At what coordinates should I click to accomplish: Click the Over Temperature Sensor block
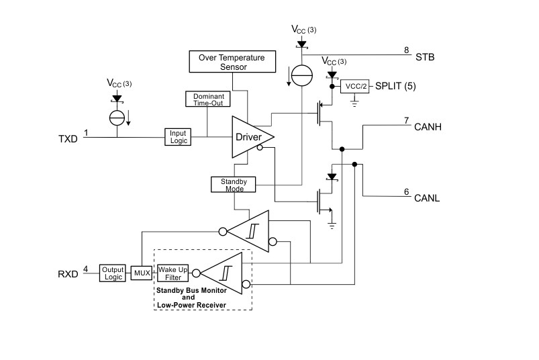point(232,62)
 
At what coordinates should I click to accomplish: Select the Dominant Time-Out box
point(207,99)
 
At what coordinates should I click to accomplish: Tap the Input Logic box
point(178,136)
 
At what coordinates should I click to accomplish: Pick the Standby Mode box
point(229,184)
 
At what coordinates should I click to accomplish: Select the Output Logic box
point(113,273)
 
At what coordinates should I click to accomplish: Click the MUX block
point(141,273)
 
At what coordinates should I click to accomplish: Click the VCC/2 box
point(355,87)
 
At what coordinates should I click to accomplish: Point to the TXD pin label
point(68,139)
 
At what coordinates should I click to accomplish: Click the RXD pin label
point(68,274)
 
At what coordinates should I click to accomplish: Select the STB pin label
point(425,57)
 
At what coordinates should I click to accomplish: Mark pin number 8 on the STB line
point(405,50)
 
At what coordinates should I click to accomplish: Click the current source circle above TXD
point(117,118)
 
